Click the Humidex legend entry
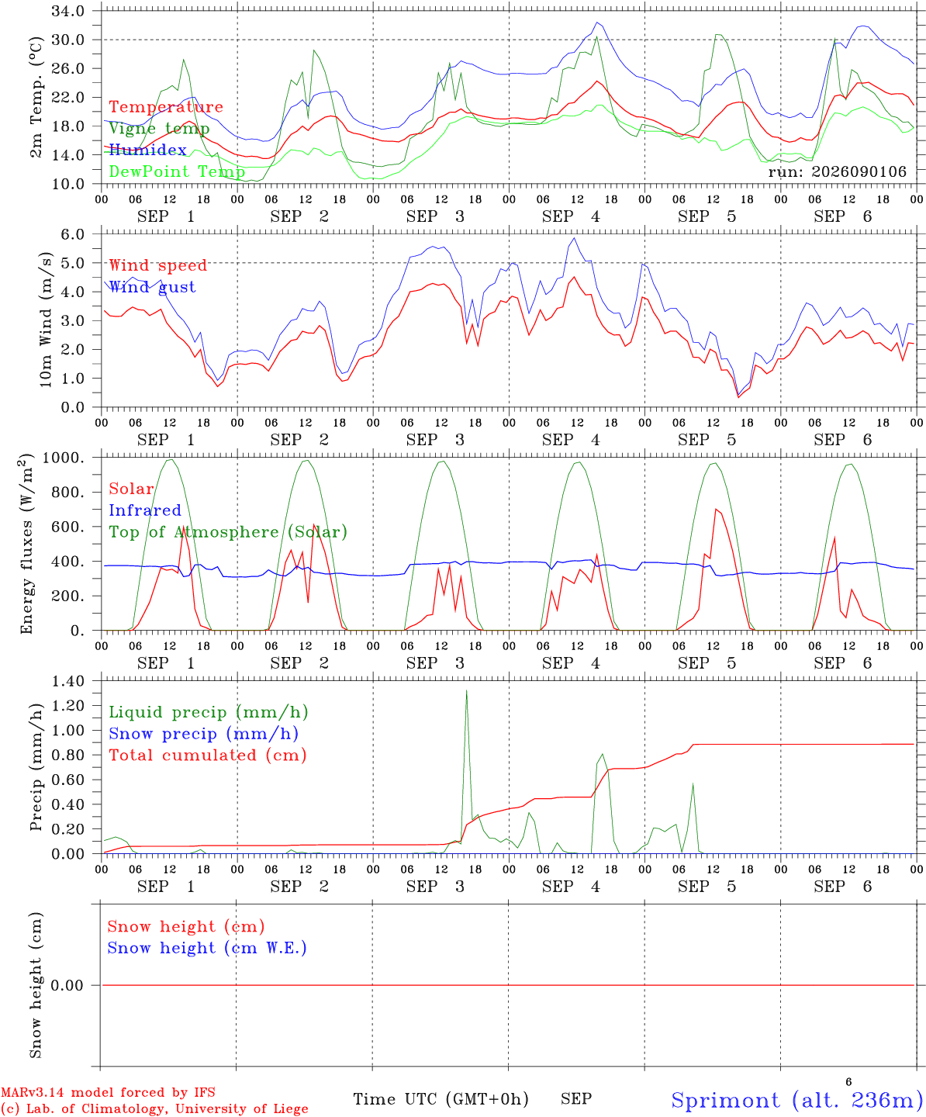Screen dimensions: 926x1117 [x=147, y=150]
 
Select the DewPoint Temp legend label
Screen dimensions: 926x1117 [x=177, y=171]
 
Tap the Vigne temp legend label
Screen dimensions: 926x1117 [x=159, y=129]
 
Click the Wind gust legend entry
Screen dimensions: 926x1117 [x=153, y=287]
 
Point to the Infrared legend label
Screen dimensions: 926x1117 [x=145, y=510]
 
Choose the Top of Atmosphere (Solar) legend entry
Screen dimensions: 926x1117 [x=229, y=532]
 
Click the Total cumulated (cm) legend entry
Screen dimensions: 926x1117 [x=208, y=756]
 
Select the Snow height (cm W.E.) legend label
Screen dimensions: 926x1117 [x=207, y=948]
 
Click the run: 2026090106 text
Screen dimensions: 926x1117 [x=837, y=171]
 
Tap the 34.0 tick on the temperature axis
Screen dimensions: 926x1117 [x=68, y=11]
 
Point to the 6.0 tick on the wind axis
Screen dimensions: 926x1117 [x=73, y=234]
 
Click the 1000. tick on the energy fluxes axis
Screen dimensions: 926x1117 [x=64, y=458]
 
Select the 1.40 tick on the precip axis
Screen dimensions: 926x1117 [x=68, y=682]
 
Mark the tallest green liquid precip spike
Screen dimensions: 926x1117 [x=466, y=691]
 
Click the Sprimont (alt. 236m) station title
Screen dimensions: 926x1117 [x=793, y=1100]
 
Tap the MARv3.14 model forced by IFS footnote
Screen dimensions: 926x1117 [x=108, y=1092]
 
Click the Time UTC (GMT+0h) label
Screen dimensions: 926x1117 [x=441, y=1099]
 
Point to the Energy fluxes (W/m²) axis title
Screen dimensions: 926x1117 [x=26, y=544]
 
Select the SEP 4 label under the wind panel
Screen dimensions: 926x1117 [x=571, y=440]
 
